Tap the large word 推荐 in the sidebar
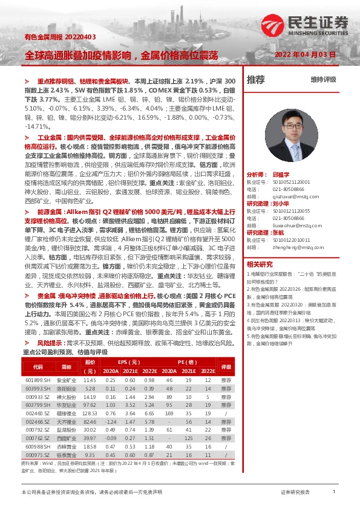(x=256, y=79)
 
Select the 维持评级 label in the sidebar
(x=323, y=79)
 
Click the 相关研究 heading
(x=260, y=264)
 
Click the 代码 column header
(x=38, y=366)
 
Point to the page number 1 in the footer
(x=333, y=492)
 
